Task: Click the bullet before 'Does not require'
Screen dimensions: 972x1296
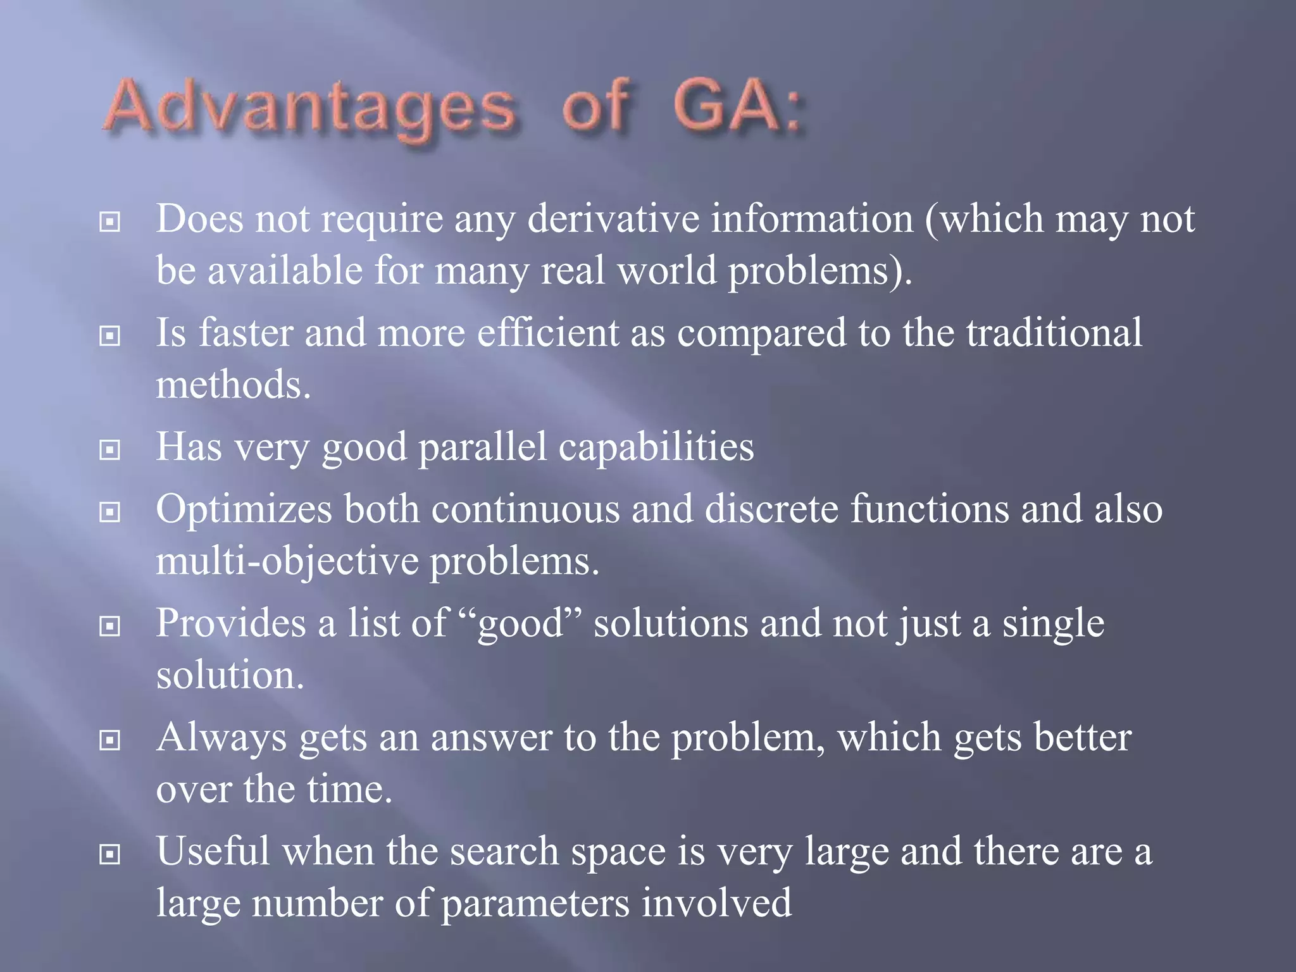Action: click(x=110, y=222)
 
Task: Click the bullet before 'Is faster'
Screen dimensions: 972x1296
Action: click(x=110, y=336)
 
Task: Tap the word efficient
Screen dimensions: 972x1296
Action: click(x=547, y=333)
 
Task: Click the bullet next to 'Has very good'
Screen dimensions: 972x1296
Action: click(x=110, y=450)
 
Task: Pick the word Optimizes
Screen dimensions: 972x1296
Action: click(x=244, y=510)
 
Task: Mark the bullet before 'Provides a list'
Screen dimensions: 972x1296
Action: click(x=110, y=626)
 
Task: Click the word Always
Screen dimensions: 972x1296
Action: click(x=221, y=738)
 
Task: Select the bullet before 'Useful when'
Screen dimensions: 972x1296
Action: click(x=110, y=855)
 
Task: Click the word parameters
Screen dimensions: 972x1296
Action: click(x=535, y=904)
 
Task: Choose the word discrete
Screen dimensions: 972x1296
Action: click(x=771, y=509)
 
